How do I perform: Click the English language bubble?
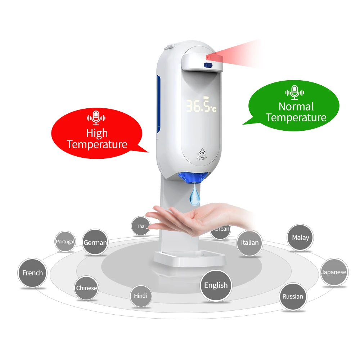(x=216, y=285)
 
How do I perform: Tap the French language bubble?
(x=32, y=273)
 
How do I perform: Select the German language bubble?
(x=95, y=242)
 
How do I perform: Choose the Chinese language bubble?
(x=86, y=288)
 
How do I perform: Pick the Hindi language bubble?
(x=140, y=296)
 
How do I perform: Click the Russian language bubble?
(x=293, y=297)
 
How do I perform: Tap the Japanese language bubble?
(x=334, y=272)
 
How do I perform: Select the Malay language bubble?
(x=300, y=238)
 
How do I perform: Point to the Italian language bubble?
(x=250, y=243)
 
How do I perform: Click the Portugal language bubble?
(x=65, y=242)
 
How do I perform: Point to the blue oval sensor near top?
(x=208, y=65)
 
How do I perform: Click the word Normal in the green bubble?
(x=296, y=107)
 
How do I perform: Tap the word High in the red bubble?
(x=97, y=133)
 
